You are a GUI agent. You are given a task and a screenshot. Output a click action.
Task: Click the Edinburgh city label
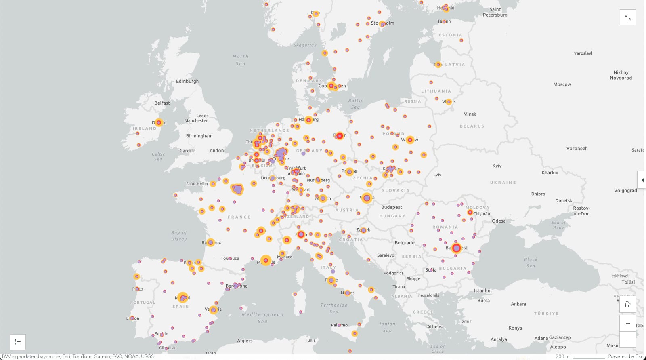pyautogui.click(x=187, y=81)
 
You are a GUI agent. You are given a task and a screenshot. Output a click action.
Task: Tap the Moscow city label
pyautogui.click(x=562, y=84)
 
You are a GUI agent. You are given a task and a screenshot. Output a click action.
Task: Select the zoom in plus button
pyautogui.click(x=628, y=323)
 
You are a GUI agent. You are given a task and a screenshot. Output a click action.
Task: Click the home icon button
pyautogui.click(x=628, y=304)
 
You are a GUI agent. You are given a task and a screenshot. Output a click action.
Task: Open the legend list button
pyautogui.click(x=18, y=342)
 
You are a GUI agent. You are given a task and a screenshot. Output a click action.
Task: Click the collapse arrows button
pyautogui.click(x=628, y=17)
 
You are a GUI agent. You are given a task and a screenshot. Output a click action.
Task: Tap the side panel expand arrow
pyautogui.click(x=642, y=180)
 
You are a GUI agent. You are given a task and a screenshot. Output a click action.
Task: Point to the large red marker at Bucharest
pyautogui.click(x=456, y=248)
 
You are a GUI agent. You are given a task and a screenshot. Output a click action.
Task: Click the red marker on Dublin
pyautogui.click(x=159, y=122)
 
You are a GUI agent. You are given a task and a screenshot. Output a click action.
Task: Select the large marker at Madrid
pyautogui.click(x=183, y=298)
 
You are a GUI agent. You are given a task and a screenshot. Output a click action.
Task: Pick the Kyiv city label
pyautogui.click(x=497, y=166)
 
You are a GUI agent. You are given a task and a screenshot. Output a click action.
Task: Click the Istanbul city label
pyautogui.click(x=483, y=291)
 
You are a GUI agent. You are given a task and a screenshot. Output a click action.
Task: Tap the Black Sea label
pyautogui.click(x=531, y=263)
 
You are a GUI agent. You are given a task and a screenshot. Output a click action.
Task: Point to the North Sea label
pyautogui.click(x=240, y=60)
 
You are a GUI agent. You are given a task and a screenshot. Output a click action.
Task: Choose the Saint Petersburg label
pyautogui.click(x=495, y=12)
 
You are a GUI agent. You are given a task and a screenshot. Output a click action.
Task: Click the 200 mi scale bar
pyautogui.click(x=581, y=356)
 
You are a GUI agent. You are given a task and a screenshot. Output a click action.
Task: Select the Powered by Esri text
pyautogui.click(x=626, y=356)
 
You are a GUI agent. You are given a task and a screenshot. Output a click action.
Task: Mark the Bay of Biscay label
pyautogui.click(x=179, y=236)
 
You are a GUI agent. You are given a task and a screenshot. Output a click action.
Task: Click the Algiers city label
pyautogui.click(x=245, y=341)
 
